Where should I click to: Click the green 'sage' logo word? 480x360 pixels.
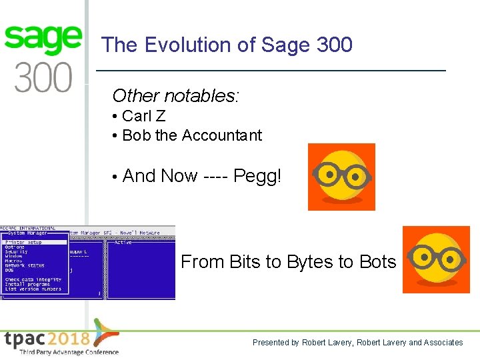coord(43,40)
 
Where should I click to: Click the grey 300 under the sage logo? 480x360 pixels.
coord(43,77)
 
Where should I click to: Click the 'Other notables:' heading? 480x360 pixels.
coord(175,95)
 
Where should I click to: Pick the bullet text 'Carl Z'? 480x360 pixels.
coord(143,116)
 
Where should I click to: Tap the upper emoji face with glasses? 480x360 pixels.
coord(341,177)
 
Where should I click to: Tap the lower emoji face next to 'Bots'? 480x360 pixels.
coord(436,259)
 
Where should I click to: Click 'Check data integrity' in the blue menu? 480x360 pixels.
coord(33,279)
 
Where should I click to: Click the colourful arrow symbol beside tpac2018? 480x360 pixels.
coord(105,333)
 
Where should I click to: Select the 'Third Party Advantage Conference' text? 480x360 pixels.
coord(69,352)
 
